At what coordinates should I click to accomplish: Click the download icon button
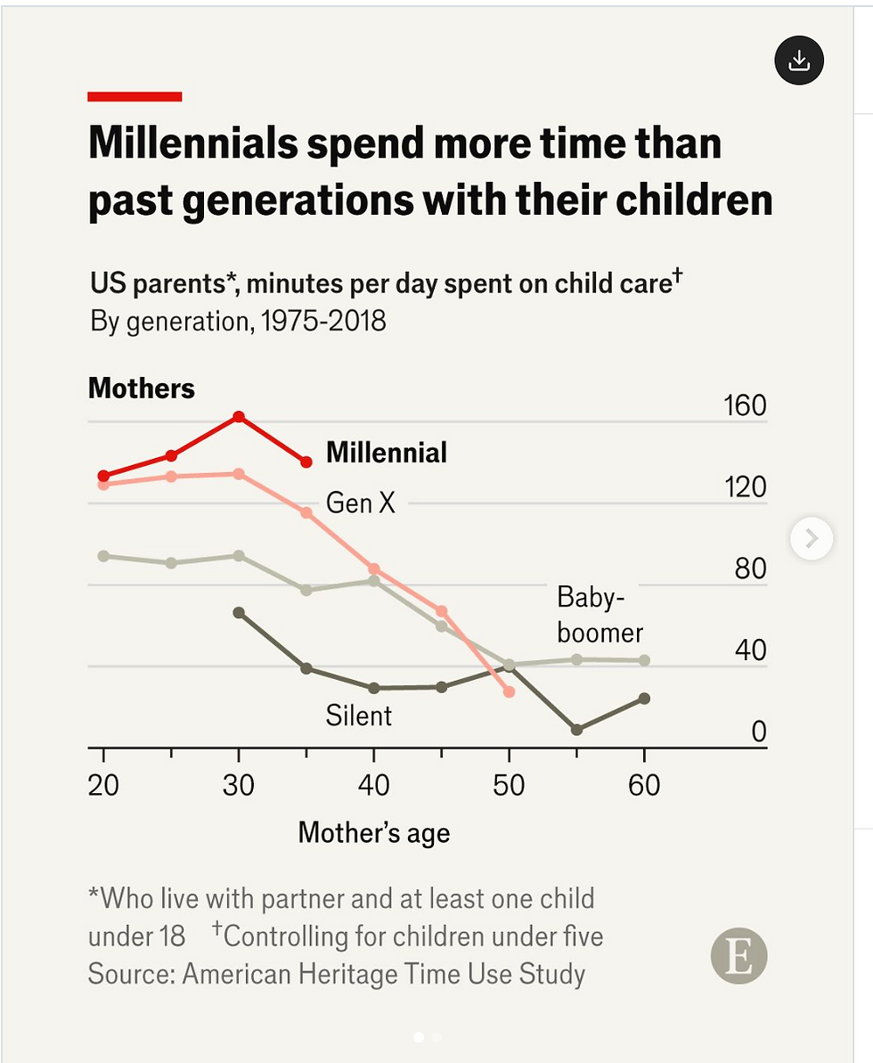[799, 61]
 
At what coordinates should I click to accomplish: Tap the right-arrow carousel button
[811, 538]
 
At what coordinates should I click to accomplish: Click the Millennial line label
[387, 453]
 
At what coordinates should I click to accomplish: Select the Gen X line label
[360, 503]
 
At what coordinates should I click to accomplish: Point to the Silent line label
[358, 715]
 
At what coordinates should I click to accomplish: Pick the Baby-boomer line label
[600, 615]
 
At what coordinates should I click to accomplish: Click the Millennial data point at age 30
[239, 417]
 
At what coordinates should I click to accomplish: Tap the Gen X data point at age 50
[509, 691]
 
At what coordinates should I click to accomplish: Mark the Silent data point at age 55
[576, 729]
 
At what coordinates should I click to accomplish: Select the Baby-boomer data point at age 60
[644, 660]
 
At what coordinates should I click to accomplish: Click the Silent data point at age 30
[239, 613]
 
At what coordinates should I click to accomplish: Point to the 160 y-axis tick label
[745, 405]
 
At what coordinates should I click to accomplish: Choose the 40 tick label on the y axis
[751, 650]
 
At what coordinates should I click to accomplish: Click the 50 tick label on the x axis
[509, 785]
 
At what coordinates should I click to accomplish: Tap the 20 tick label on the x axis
[103, 785]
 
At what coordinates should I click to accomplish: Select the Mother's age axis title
[373, 832]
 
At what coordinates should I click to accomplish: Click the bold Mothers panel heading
[141, 388]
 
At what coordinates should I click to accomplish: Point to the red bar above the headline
[135, 96]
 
